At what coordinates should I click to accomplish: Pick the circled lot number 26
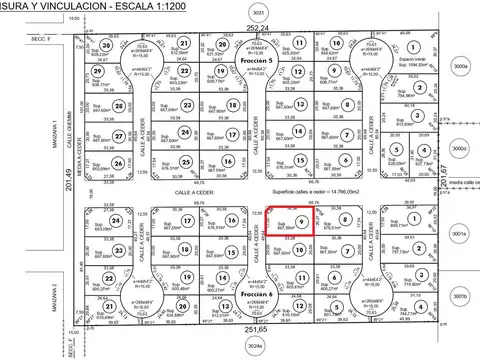coord(118,164)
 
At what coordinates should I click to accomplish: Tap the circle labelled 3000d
coord(459,148)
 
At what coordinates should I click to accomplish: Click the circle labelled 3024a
coord(256,349)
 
